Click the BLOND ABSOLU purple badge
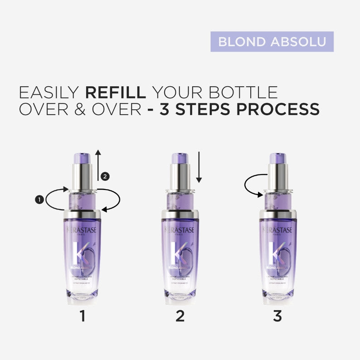tap(272, 41)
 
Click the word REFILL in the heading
tap(115, 92)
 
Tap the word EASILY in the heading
tap(49, 92)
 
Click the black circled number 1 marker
tap(39, 199)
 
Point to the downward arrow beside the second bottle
tap(199, 168)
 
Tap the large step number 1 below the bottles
tap(82, 316)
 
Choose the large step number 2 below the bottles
tap(180, 316)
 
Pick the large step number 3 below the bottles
tap(277, 316)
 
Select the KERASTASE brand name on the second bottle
tap(180, 230)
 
